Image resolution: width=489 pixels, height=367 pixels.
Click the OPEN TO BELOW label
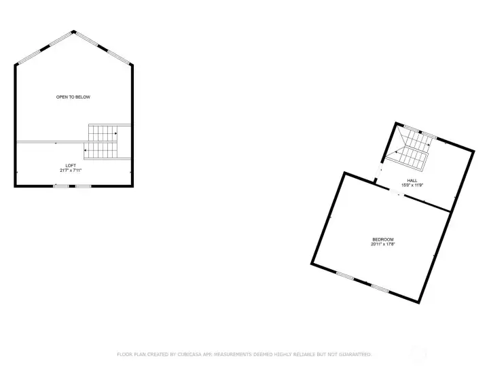[73, 97]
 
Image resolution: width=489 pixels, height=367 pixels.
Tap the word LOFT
[71, 166]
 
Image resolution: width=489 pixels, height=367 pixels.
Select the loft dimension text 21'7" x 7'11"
[71, 171]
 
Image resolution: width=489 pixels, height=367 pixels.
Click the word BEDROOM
[383, 239]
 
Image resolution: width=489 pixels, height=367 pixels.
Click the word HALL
[412, 180]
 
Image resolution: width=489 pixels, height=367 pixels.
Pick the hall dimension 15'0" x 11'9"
[412, 185]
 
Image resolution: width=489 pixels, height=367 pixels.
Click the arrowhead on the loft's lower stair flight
[86, 150]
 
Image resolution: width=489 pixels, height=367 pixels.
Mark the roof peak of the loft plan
[73, 31]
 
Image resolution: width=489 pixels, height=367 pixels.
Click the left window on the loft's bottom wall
[61, 186]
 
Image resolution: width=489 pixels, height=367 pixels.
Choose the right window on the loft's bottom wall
[83, 186]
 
